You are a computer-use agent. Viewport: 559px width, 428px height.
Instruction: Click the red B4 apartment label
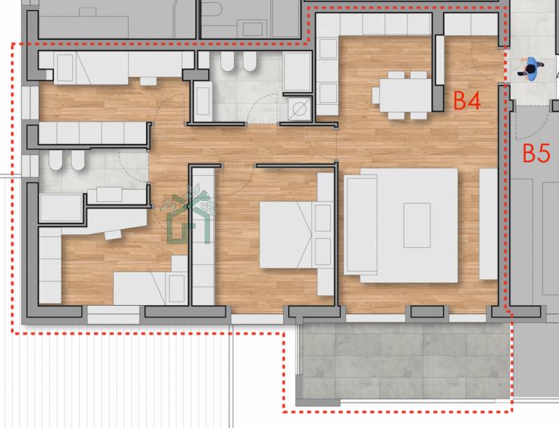click(467, 100)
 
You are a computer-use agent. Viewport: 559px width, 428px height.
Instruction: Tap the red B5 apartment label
click(537, 153)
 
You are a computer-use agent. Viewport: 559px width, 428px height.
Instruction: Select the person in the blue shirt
click(531, 69)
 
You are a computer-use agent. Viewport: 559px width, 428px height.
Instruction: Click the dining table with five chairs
click(405, 95)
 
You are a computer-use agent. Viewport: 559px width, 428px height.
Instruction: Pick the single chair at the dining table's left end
click(376, 95)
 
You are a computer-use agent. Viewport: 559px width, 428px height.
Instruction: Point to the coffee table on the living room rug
click(416, 226)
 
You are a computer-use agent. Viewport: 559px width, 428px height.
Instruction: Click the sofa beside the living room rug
click(361, 225)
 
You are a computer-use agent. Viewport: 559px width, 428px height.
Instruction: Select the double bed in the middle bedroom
click(296, 235)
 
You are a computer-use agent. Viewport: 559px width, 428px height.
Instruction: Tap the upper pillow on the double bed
click(323, 218)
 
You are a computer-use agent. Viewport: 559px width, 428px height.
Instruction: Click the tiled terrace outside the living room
click(405, 361)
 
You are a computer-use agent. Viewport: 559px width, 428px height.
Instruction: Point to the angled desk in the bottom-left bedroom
click(103, 221)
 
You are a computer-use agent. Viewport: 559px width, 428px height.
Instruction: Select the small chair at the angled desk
click(113, 235)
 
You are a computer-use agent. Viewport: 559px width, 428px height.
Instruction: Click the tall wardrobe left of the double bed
click(203, 237)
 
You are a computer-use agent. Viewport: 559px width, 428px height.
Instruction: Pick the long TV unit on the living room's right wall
click(488, 224)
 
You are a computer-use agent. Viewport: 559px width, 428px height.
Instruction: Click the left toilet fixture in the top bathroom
click(227, 61)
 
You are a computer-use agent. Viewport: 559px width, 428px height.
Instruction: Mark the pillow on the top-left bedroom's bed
click(65, 68)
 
